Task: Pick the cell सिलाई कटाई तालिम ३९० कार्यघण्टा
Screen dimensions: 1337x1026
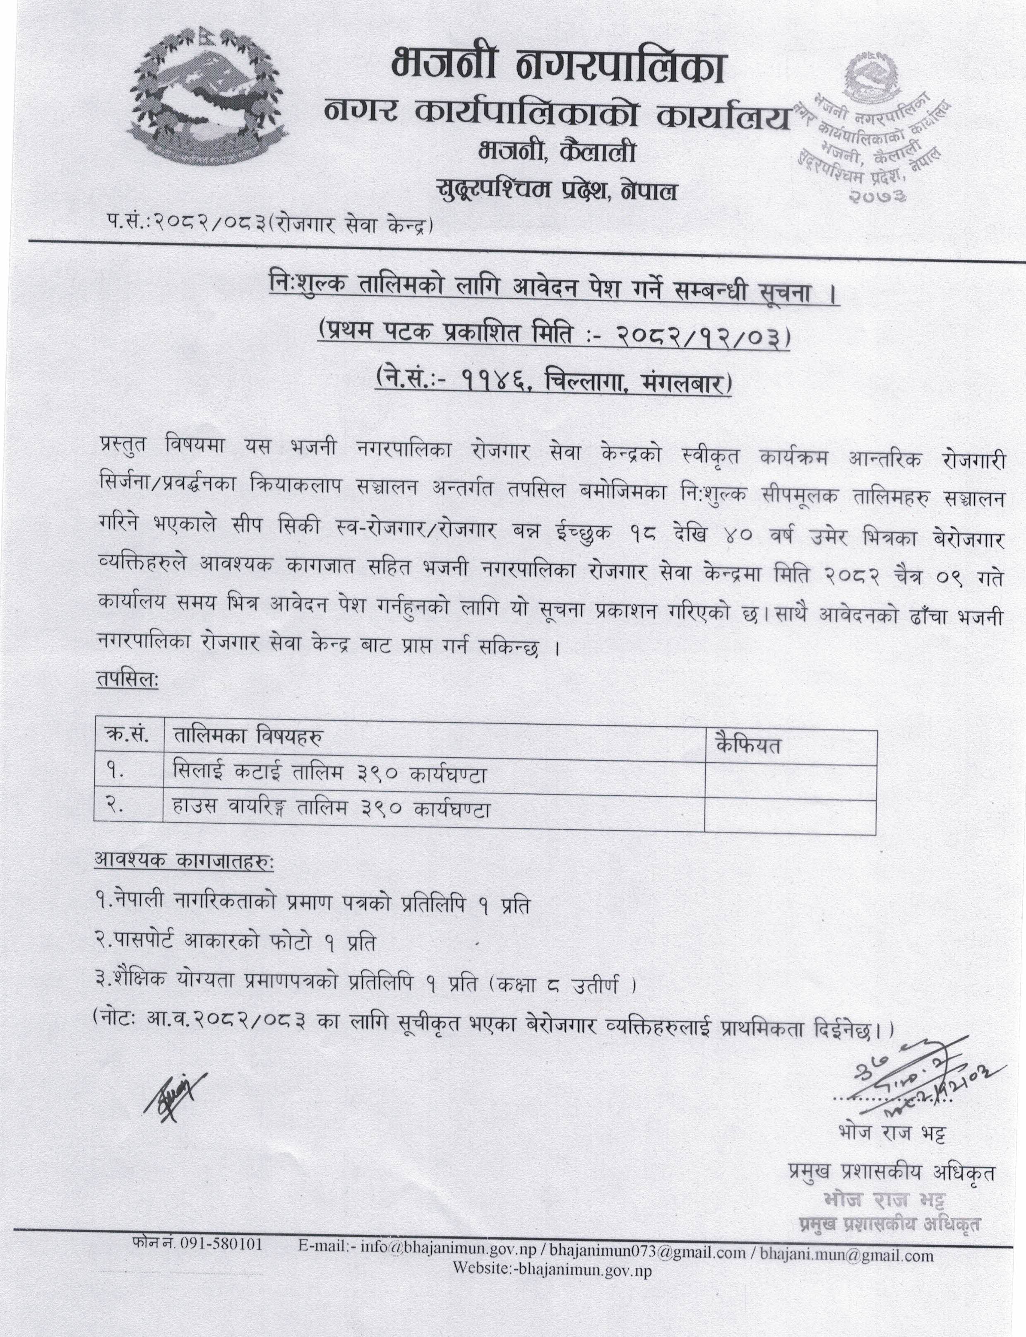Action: (x=330, y=774)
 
